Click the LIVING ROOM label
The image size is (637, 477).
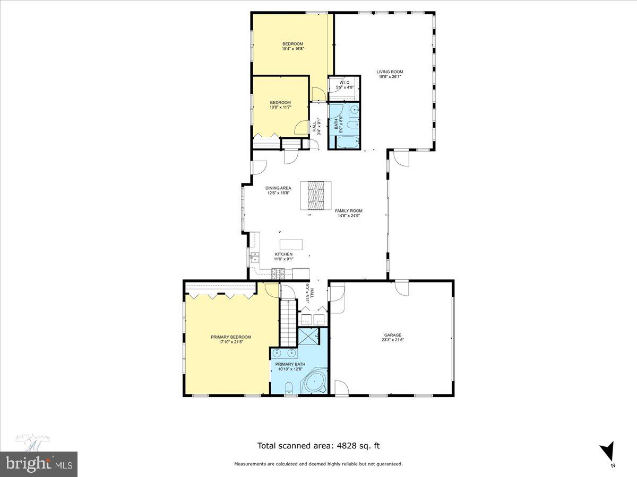tap(390, 72)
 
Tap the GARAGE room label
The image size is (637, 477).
tap(393, 335)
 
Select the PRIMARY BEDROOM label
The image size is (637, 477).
tap(230, 337)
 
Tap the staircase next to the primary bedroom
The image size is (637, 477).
tap(287, 322)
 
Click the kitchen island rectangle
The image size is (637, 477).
tap(291, 244)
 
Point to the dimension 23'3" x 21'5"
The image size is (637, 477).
tap(393, 340)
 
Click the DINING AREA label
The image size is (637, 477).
tap(278, 188)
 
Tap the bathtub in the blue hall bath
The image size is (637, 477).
tap(348, 142)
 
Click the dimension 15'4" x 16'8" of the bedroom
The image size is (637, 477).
tap(292, 49)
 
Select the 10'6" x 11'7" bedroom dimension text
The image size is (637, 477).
tap(280, 108)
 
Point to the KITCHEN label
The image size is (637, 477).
tap(283, 254)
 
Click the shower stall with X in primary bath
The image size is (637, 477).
tap(308, 337)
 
